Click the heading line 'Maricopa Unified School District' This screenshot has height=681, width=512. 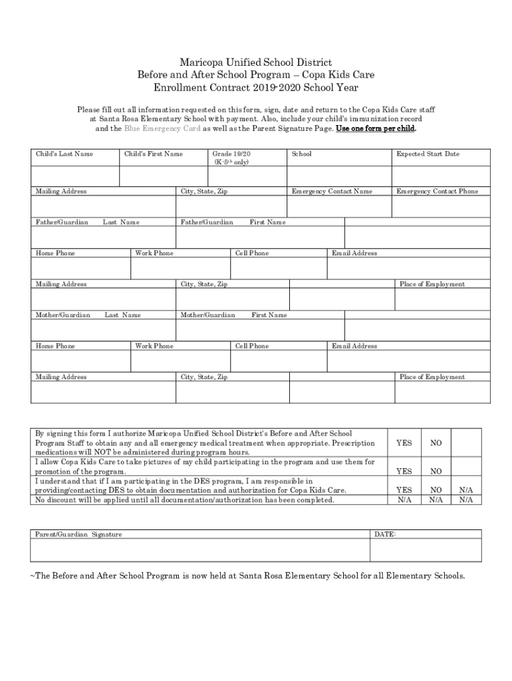[x=256, y=63]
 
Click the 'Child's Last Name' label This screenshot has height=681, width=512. [x=64, y=154]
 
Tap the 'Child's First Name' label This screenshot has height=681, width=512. [x=154, y=154]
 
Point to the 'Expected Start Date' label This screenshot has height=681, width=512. [x=428, y=154]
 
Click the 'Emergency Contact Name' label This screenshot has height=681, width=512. [x=332, y=192]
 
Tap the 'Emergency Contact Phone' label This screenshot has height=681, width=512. [x=437, y=192]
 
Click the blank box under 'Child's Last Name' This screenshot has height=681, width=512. [x=74, y=176]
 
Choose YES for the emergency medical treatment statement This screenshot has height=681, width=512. [x=404, y=443]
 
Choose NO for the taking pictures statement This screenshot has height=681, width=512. [x=436, y=472]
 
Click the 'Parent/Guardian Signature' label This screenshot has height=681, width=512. [x=78, y=534]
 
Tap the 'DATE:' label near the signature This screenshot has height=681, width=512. [x=385, y=534]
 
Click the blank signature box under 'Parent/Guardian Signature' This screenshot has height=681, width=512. [x=199, y=550]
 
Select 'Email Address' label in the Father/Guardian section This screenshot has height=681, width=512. [x=354, y=253]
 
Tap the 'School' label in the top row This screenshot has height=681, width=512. [x=301, y=154]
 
